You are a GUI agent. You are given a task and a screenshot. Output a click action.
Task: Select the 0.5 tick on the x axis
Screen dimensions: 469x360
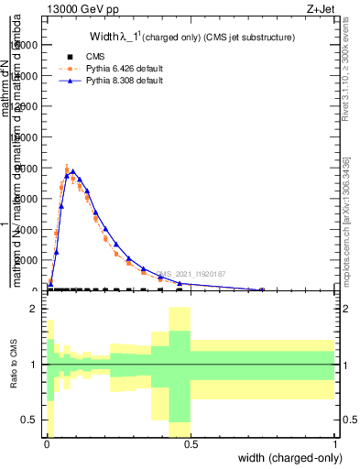[191, 444]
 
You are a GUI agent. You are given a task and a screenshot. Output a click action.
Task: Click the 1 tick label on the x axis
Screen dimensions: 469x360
[335, 444]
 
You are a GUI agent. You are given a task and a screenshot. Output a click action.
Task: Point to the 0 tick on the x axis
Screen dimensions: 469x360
[47, 444]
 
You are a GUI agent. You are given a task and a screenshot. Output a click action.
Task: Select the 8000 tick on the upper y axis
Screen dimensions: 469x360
[27, 168]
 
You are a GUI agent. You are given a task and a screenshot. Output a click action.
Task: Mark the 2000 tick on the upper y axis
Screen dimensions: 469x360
[27, 260]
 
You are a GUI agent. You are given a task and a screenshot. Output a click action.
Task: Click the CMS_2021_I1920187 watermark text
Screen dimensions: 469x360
[191, 273]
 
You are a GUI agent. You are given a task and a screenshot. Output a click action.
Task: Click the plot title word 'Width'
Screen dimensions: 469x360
[102, 38]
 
